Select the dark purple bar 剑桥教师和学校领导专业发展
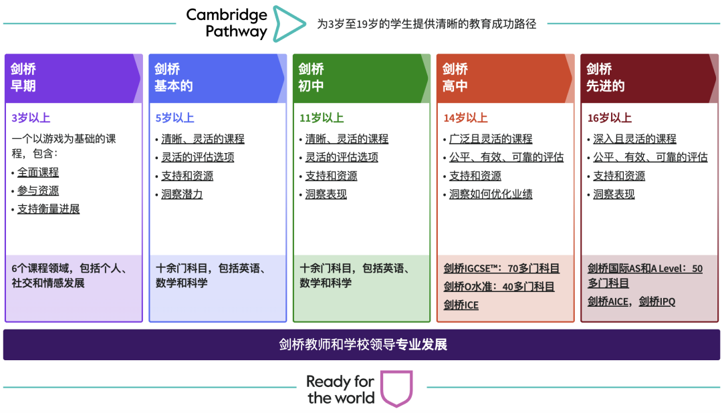(362, 344)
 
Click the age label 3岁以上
(31, 118)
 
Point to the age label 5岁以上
(174, 118)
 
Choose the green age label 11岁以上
(322, 118)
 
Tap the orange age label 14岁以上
(465, 118)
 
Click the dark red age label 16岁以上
(609, 118)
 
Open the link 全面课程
(38, 172)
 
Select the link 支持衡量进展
(48, 209)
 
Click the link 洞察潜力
(182, 194)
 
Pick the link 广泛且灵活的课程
(491, 138)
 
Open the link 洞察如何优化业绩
(491, 194)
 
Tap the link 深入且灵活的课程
(634, 138)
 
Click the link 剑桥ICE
(461, 305)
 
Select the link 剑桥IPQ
(657, 301)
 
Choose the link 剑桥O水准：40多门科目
(499, 287)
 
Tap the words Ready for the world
(341, 390)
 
